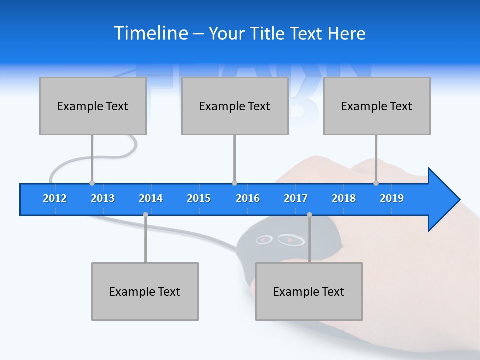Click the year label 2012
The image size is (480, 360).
(x=55, y=198)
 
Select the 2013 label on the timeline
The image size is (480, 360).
(x=103, y=198)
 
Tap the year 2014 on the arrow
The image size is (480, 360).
(x=151, y=198)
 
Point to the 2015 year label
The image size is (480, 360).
(x=199, y=198)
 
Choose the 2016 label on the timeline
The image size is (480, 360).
(x=248, y=198)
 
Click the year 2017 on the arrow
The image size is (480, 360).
(x=296, y=198)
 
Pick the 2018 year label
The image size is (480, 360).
(x=344, y=198)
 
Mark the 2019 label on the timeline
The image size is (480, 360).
(x=392, y=198)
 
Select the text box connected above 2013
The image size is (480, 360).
(x=93, y=106)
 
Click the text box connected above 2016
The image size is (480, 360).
(x=235, y=106)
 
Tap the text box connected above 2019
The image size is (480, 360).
(x=377, y=106)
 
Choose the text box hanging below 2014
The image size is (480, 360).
(x=145, y=291)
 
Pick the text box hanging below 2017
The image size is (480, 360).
(x=309, y=291)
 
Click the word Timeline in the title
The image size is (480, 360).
(x=151, y=33)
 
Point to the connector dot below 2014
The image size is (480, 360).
(x=145, y=215)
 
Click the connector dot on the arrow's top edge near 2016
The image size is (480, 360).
(x=234, y=183)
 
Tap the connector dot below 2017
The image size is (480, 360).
(x=309, y=215)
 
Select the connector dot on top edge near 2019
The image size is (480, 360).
(x=376, y=183)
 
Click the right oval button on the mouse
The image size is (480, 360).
(x=290, y=240)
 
